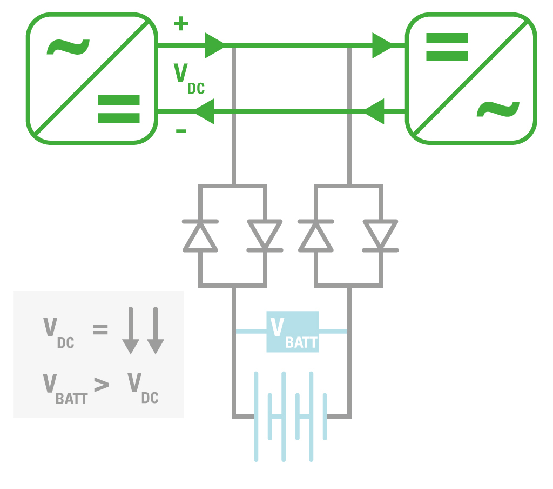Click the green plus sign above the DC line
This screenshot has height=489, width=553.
(181, 24)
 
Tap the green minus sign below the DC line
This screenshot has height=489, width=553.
(181, 130)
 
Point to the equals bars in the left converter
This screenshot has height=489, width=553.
(119, 109)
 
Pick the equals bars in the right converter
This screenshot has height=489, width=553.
(447, 47)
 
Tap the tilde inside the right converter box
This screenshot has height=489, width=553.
(497, 111)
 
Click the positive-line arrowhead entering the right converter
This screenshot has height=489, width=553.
(382, 45)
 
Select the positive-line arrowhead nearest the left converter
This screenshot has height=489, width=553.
(215, 45)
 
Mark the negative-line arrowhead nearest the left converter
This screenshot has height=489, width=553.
(205, 111)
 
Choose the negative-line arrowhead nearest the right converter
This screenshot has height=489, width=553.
(374, 111)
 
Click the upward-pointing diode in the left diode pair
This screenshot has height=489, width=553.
(200, 236)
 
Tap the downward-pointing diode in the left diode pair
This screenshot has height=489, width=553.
(265, 236)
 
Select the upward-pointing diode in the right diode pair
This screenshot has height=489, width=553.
(316, 236)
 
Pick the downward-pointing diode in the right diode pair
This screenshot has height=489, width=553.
(380, 236)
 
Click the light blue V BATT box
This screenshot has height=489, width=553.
(293, 332)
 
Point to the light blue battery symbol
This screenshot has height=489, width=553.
(291, 416)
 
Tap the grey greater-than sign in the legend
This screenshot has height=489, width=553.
(101, 385)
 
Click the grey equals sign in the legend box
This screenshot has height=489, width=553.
(100, 329)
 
